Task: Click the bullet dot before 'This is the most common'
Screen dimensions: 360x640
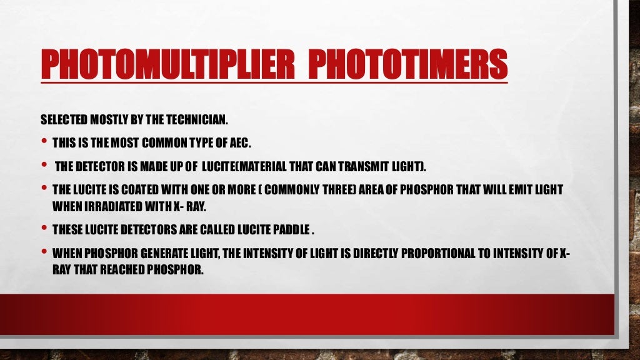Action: point(44,142)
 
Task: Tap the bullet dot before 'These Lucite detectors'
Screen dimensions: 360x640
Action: point(44,227)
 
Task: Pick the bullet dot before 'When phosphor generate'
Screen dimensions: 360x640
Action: point(44,252)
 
